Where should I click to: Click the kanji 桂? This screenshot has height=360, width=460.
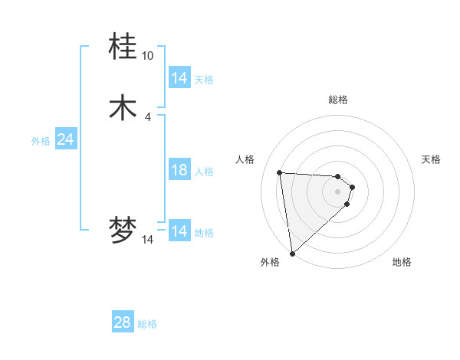[123, 47]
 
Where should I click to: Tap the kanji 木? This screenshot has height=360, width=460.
[123, 107]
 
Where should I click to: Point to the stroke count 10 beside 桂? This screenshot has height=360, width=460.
[147, 56]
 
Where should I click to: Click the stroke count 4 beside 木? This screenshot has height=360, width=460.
[147, 116]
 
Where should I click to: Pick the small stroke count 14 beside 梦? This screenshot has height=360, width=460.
[147, 240]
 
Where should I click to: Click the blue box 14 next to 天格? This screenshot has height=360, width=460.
[179, 78]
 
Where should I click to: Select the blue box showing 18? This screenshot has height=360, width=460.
[179, 170]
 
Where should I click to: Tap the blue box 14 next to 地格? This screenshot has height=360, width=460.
[179, 231]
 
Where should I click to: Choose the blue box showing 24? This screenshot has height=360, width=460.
[66, 139]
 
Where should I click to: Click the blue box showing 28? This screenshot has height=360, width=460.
[123, 322]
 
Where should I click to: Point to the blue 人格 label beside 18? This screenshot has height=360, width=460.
[204, 171]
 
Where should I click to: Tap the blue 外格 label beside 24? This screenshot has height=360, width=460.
[41, 140]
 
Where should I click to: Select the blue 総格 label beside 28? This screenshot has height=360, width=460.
[147, 324]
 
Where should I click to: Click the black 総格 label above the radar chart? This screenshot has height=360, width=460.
[338, 100]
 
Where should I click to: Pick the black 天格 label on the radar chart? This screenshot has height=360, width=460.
[431, 159]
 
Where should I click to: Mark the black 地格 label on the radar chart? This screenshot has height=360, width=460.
[402, 262]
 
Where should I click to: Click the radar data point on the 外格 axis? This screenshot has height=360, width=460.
[292, 254]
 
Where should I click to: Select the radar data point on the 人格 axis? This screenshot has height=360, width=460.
[280, 172]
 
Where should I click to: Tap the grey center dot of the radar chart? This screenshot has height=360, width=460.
[338, 191]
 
